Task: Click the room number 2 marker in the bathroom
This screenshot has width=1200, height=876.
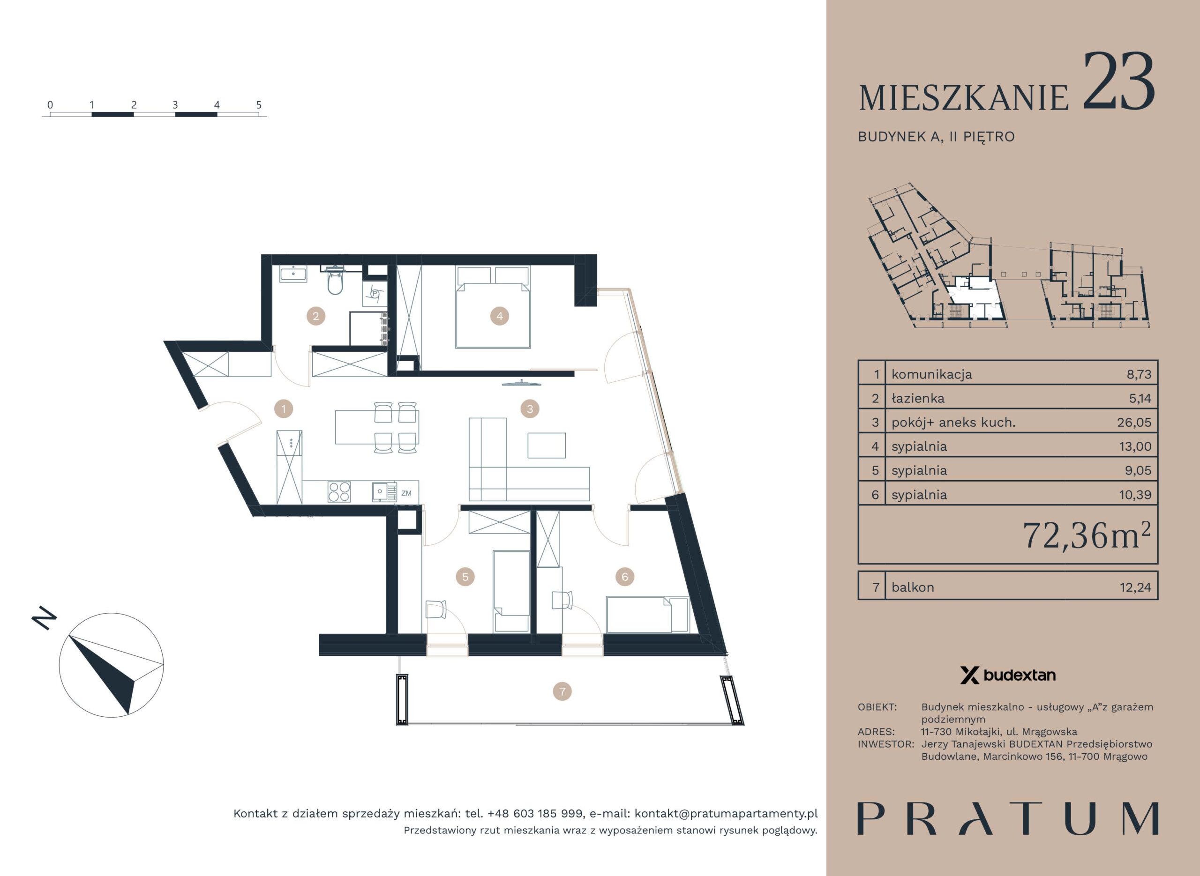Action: tap(315, 317)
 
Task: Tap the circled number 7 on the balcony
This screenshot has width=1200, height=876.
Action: tap(562, 691)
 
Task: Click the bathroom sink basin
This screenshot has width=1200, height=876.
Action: tap(293, 275)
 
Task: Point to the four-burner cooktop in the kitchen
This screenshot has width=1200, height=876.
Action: tap(339, 490)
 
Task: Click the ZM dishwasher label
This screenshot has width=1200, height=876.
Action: tap(406, 493)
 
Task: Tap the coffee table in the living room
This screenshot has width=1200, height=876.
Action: tap(547, 445)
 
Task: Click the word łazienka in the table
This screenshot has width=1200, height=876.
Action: tap(918, 398)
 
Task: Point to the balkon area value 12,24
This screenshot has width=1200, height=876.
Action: tap(1135, 587)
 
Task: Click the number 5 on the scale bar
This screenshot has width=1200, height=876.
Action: tap(259, 105)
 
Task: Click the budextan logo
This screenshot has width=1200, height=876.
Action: tap(1007, 676)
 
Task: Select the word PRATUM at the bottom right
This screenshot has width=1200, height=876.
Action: tap(1008, 819)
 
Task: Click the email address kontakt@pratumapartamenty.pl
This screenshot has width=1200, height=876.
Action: tap(726, 813)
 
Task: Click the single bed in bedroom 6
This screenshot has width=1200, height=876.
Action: tap(647, 615)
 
